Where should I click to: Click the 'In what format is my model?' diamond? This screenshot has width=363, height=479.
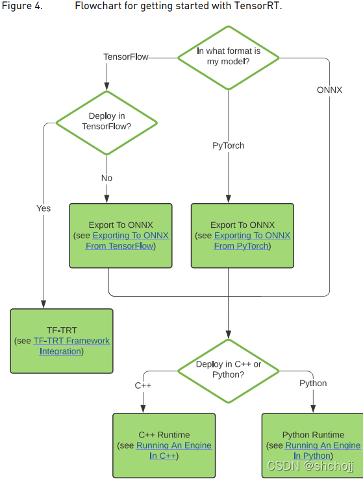228,56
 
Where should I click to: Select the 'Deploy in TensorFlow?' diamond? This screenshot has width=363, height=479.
107,121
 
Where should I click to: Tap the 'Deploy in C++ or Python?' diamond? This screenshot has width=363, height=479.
229,369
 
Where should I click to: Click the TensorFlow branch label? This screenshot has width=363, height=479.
126,57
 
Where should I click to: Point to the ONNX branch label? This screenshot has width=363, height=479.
329,90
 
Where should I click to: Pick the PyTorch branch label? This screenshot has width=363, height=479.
229,145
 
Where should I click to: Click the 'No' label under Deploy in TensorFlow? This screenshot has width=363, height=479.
107,178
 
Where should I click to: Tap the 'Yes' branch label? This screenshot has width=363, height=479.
44,208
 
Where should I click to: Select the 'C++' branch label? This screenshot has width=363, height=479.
143,386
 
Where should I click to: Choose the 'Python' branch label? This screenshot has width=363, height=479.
313,383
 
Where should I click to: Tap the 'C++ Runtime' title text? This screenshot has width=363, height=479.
164,435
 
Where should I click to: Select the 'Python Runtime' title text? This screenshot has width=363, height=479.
313,435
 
